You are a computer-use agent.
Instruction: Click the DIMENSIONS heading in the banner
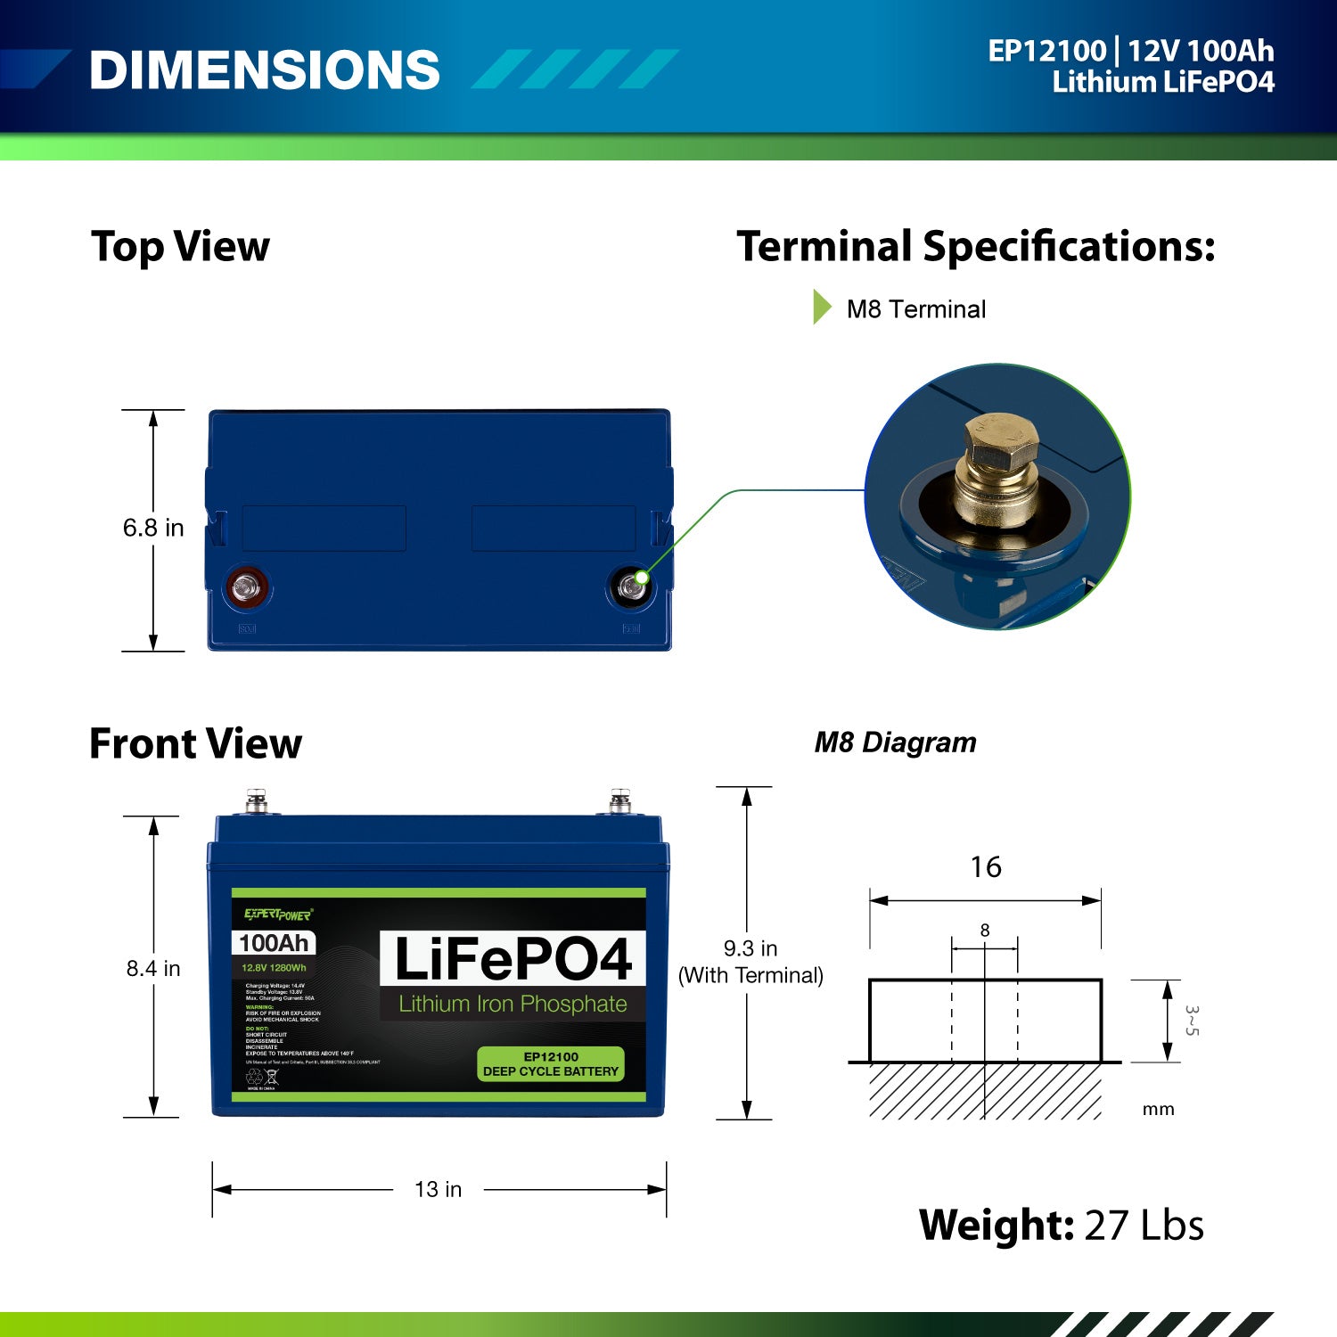(265, 70)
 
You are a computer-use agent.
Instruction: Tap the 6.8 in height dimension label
(153, 528)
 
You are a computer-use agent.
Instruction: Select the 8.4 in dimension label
(153, 968)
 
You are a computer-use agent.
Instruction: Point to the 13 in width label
(438, 1189)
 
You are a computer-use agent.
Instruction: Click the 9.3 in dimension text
(750, 948)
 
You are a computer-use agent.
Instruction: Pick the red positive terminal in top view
(245, 587)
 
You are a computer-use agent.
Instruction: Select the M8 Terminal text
(915, 309)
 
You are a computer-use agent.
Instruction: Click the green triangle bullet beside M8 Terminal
(821, 308)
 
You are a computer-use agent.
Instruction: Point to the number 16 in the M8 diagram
(985, 866)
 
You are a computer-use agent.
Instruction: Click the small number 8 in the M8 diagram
(985, 930)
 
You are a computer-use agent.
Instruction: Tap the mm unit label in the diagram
(1158, 1110)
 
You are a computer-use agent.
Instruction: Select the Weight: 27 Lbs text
(1061, 1225)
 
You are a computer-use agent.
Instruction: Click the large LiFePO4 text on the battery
(513, 959)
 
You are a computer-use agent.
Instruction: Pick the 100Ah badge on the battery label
(274, 943)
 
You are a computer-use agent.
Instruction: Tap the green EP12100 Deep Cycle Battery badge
(551, 1064)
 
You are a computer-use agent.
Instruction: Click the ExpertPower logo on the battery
(278, 915)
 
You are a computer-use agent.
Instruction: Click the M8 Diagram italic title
(895, 742)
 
